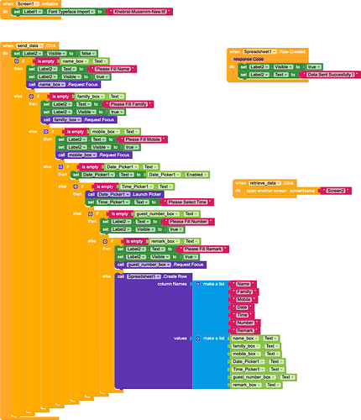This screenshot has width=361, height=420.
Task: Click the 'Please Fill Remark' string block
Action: (203, 249)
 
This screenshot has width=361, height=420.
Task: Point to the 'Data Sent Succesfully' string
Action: (328, 74)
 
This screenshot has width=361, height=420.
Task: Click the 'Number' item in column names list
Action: (247, 322)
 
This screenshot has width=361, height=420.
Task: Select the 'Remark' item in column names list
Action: (247, 329)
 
